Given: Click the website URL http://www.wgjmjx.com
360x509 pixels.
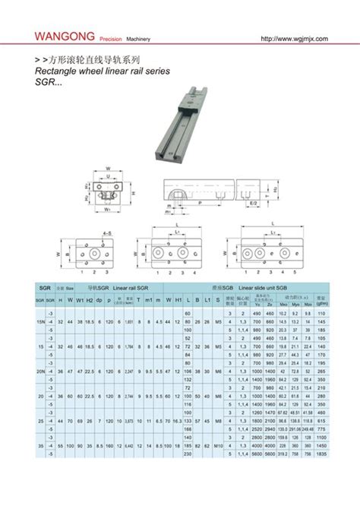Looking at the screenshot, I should coord(292,37).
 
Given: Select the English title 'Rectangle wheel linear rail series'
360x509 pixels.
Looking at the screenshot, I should coord(103,71).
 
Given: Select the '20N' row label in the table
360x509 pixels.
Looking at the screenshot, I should coord(40,371).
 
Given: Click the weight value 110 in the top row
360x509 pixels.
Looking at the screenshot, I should coord(321,312).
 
